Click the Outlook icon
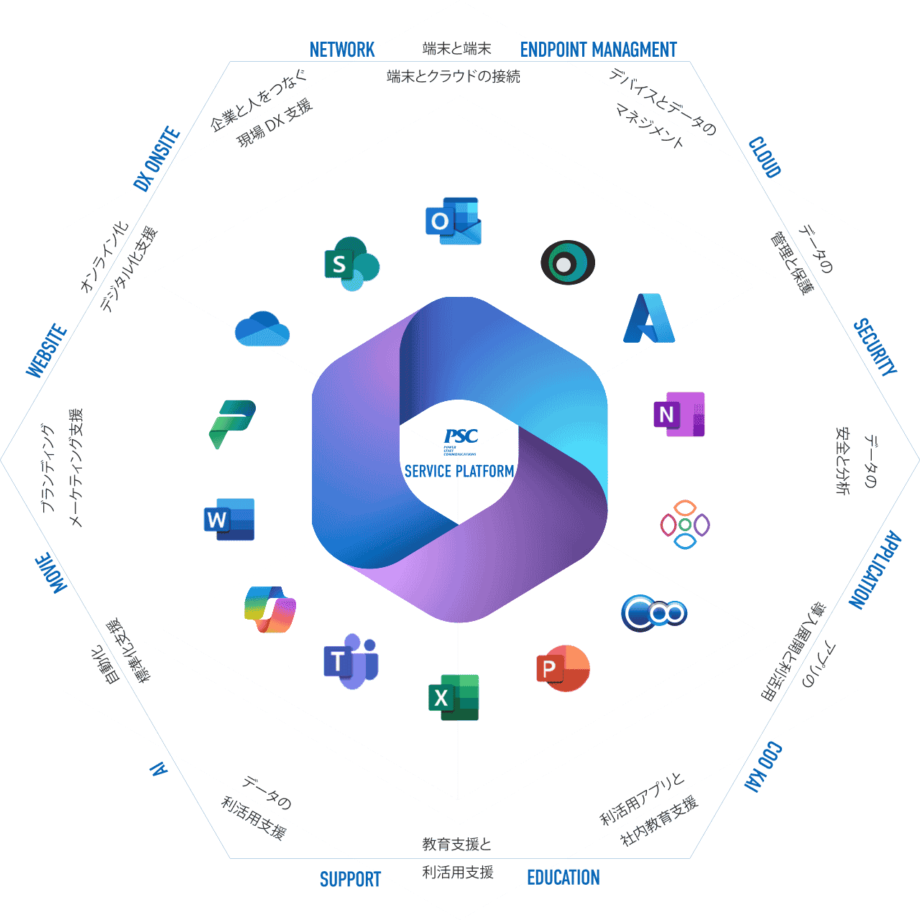453,221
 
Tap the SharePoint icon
351,264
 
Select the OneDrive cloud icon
262,329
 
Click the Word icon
229,519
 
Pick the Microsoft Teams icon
351,661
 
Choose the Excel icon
454,697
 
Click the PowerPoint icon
563,668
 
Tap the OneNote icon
678,414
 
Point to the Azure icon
648,318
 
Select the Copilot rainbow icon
270,609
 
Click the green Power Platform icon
232,423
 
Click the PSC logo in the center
461,437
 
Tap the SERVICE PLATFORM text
459,471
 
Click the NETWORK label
342,50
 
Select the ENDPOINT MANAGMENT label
598,50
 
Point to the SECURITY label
875,347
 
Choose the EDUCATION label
563,878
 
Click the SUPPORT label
350,879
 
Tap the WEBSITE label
47,351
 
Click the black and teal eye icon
567,263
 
